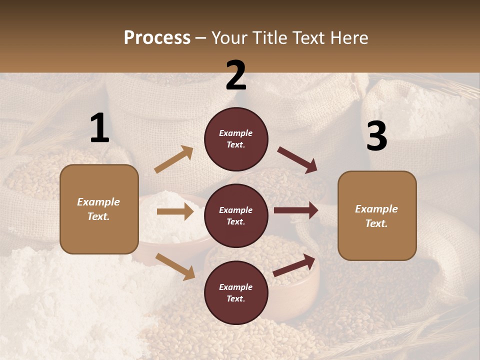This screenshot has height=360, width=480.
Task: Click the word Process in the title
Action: pos(157,38)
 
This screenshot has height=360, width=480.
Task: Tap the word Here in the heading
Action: pos(347,38)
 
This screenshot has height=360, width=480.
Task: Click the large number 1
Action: pos(99,128)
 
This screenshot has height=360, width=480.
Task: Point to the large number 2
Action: pos(236,75)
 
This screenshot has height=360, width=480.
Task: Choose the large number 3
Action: pos(376,136)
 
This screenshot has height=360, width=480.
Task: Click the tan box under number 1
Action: pos(99,209)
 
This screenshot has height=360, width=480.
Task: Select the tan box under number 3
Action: pos(377,216)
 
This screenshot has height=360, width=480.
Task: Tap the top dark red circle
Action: pos(236,139)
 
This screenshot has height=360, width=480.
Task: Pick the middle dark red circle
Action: pos(236,215)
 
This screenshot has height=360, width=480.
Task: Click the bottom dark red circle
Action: pos(236,292)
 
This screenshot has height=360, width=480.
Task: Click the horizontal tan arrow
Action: pos(175,211)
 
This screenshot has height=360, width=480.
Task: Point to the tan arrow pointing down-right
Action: pos(175,266)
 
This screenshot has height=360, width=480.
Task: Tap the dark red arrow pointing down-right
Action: pos(297,160)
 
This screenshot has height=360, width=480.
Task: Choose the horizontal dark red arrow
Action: pos(296,210)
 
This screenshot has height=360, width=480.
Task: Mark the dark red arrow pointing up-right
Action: pos(294,265)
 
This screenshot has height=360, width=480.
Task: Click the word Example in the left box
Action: pos(98,202)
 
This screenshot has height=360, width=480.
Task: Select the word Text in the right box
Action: pos(376,223)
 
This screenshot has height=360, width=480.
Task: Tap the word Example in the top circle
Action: pos(235,133)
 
